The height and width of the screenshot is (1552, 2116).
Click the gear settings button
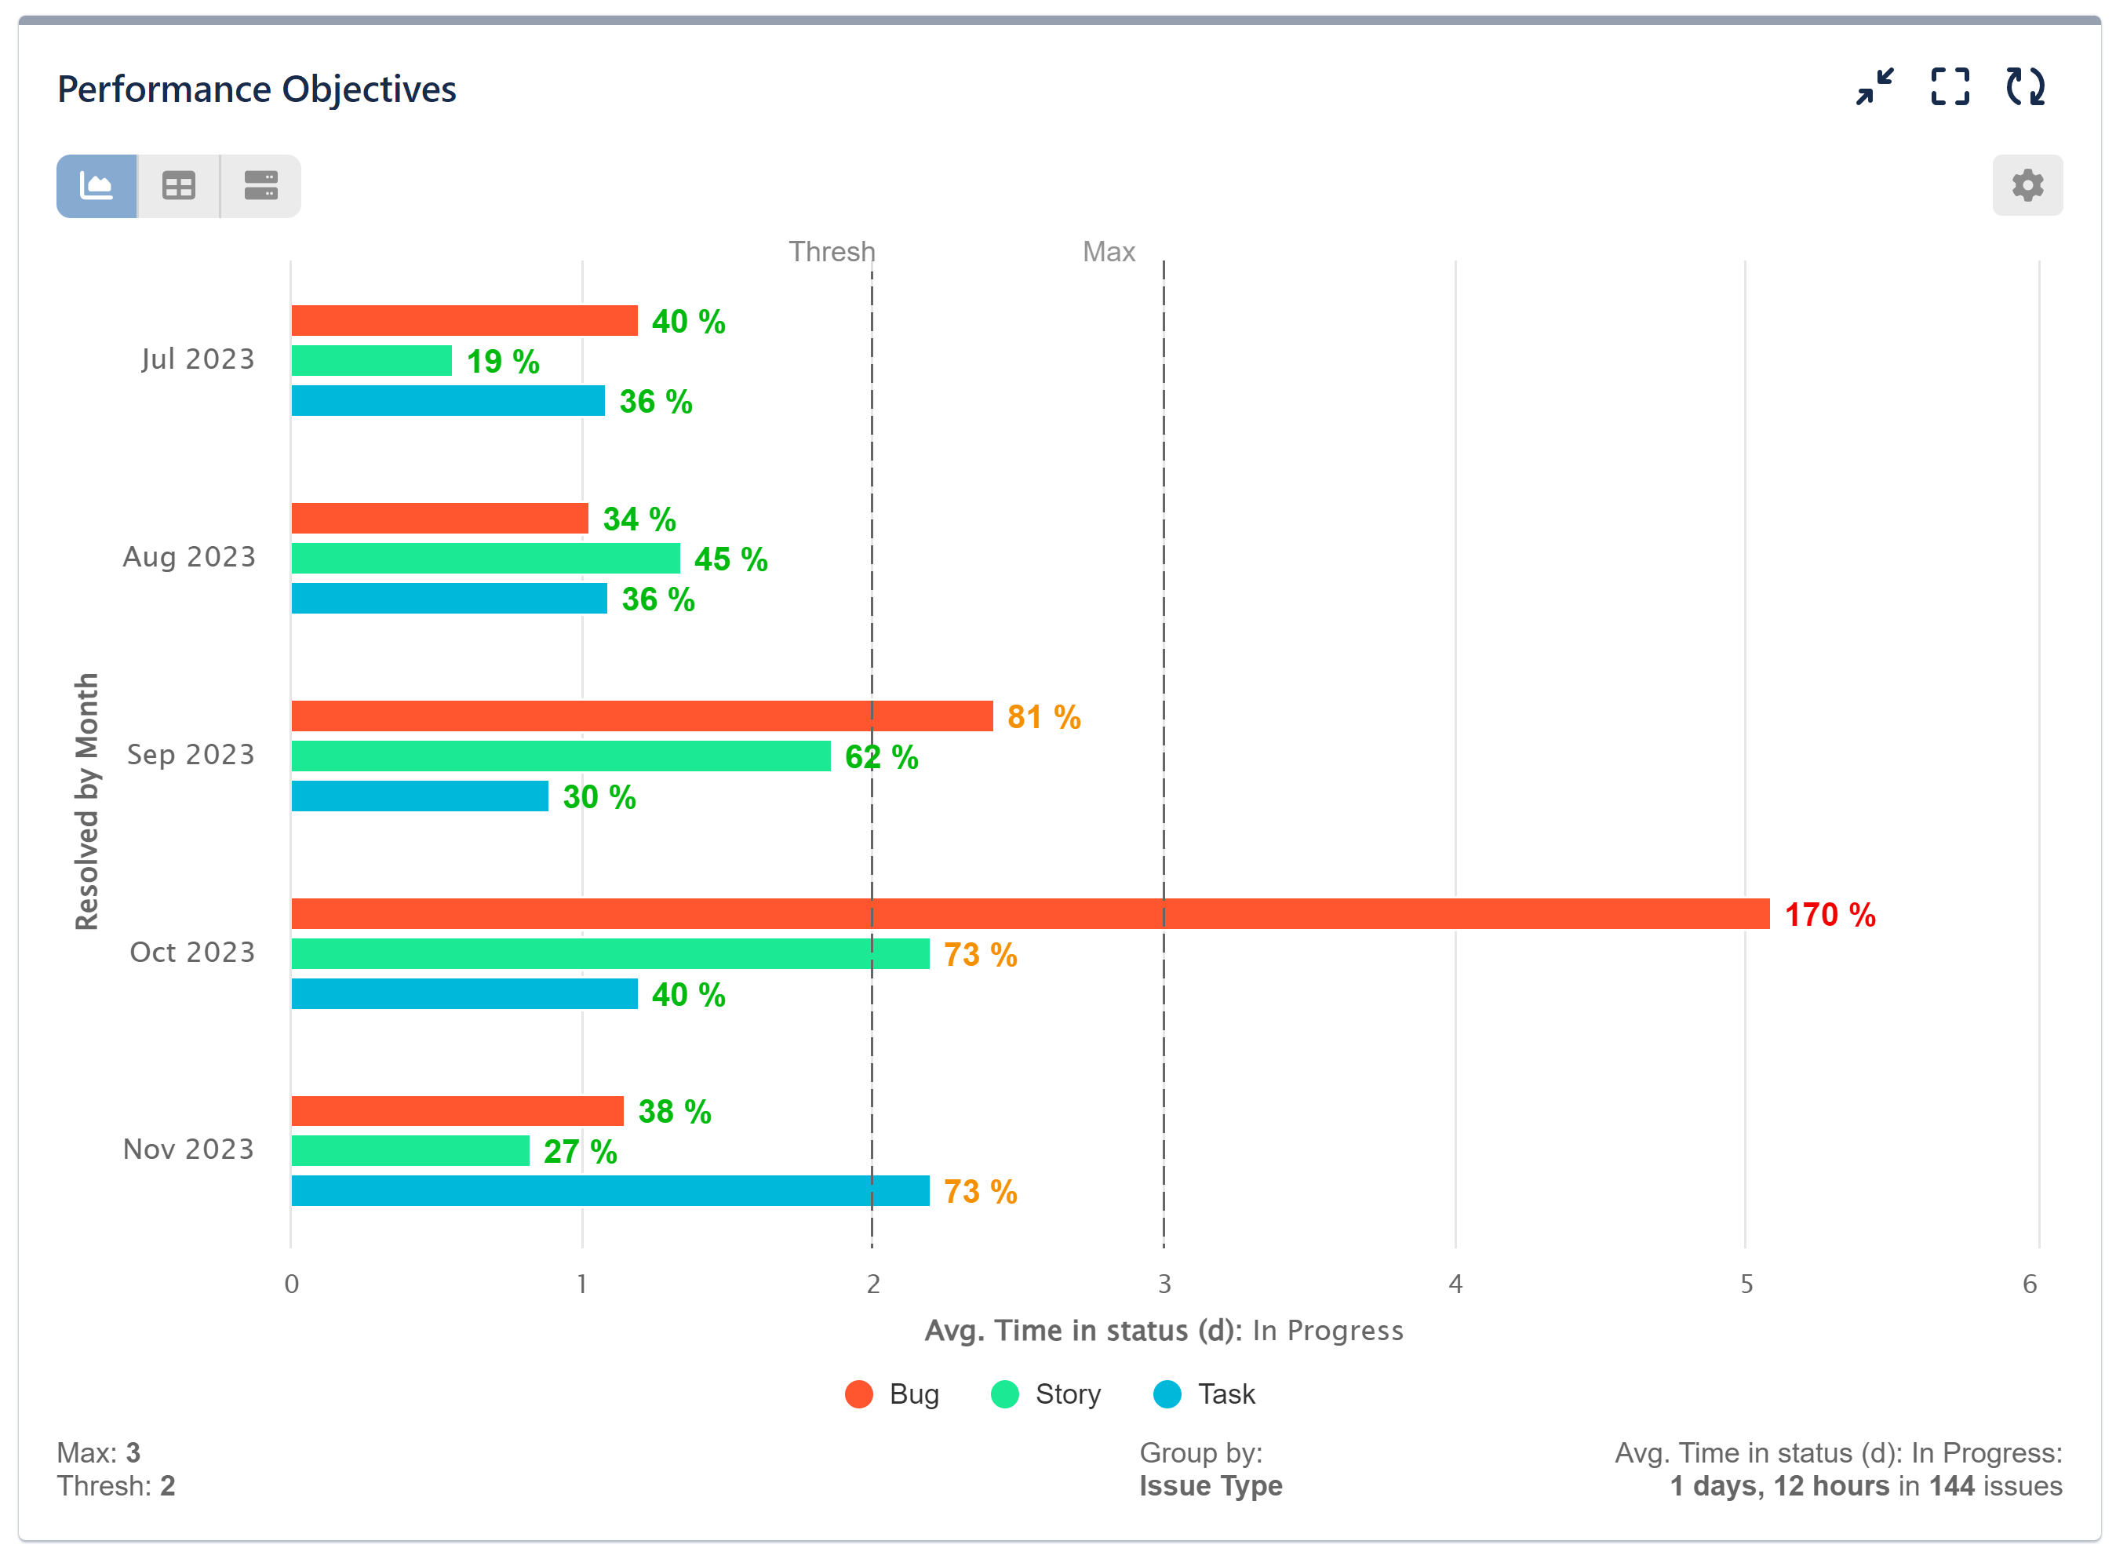click(x=2026, y=185)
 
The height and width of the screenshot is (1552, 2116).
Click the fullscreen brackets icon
click(x=1949, y=86)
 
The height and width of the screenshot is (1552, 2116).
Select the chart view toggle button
click(x=97, y=186)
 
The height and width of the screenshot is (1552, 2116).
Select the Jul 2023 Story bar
click(x=371, y=360)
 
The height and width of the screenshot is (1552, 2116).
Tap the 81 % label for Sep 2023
click(x=1043, y=717)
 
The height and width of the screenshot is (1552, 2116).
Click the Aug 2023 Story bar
click(x=485, y=558)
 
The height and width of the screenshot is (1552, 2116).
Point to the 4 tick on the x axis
click(x=1455, y=1284)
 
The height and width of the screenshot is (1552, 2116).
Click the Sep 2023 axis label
click(x=191, y=754)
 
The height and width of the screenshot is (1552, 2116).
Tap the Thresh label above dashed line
click(x=831, y=252)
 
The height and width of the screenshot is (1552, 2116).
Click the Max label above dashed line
click(x=1109, y=252)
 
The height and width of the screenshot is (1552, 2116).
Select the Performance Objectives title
click(x=257, y=89)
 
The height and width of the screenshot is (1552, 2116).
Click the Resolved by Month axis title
click(x=86, y=800)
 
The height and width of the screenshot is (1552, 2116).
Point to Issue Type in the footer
click(x=1210, y=1485)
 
